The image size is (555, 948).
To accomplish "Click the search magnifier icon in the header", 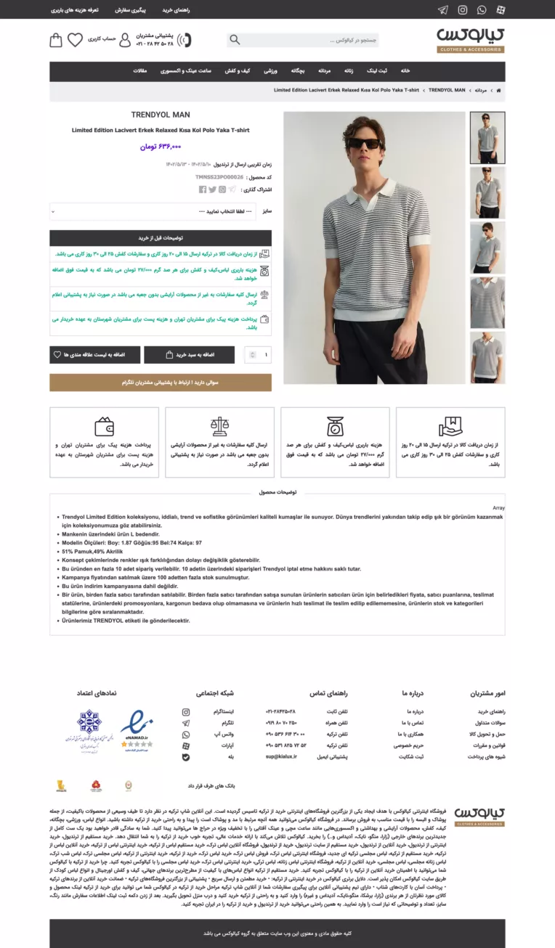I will tap(235, 40).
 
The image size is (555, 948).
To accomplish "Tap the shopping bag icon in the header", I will tap(56, 41).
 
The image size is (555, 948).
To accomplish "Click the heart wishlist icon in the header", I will tap(75, 41).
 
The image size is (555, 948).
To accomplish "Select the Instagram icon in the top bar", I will tap(463, 10).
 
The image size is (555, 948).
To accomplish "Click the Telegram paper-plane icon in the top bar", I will tap(443, 10).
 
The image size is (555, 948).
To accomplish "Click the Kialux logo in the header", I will tap(471, 40).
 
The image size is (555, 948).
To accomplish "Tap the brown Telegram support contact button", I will tap(161, 383).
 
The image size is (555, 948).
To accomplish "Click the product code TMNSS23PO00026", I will tap(219, 177).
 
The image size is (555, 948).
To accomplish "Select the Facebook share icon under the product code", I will tap(203, 189).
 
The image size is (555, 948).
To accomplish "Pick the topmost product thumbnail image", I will tap(487, 138).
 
